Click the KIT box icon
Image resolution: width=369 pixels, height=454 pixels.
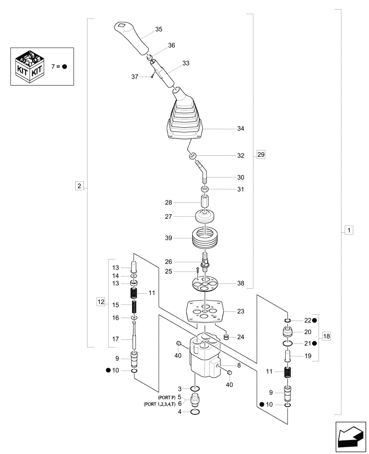coord(29,67)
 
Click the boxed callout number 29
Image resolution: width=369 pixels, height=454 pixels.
coord(260,155)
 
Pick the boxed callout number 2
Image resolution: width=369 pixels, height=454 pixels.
coord(79,186)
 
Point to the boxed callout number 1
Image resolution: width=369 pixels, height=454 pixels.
coord(348,231)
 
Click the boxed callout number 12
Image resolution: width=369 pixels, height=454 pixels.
coord(100,301)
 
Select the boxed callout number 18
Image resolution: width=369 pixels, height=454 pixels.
coord(326,336)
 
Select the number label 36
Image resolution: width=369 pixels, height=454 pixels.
coord(171,45)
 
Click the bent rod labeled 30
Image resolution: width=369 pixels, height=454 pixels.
coord(203,173)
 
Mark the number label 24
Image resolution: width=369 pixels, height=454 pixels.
coord(241,337)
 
